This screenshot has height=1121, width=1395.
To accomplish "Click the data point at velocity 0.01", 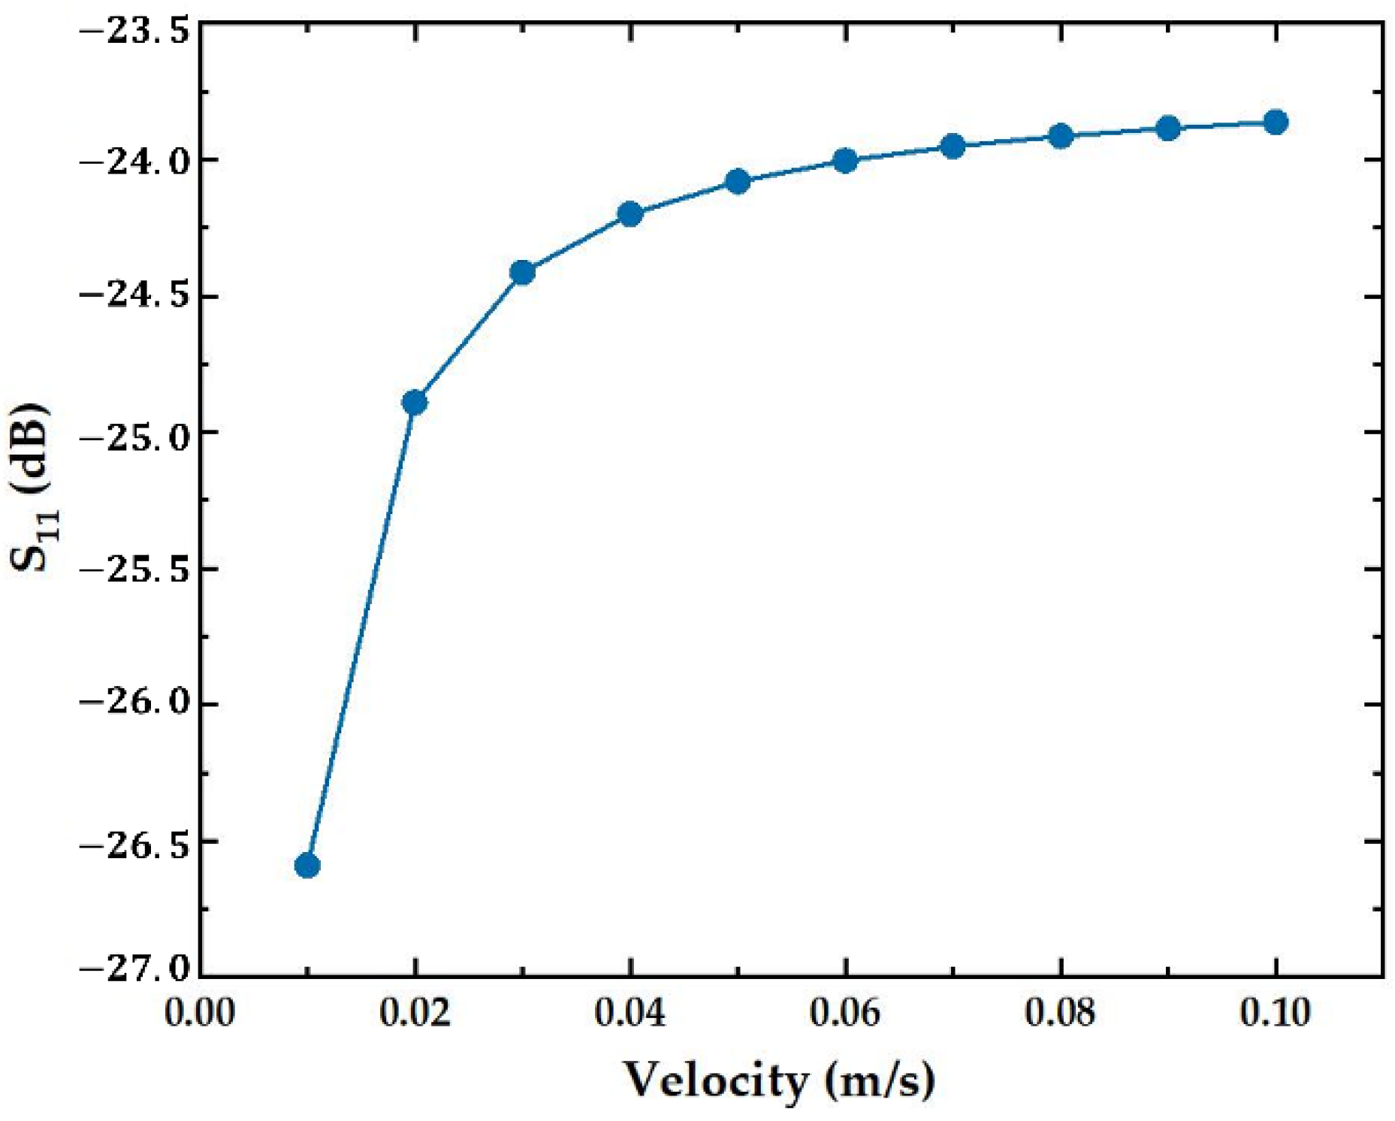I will (307, 866).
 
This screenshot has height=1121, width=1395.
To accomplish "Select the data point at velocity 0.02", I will (415, 403).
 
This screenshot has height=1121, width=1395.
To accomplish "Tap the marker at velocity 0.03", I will (522, 272).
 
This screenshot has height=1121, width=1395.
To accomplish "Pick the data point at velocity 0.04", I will (630, 214).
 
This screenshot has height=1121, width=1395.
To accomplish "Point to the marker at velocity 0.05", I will (738, 181).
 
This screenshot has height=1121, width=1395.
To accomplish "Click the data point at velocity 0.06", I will (845, 160).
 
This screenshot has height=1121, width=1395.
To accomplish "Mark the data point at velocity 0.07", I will (953, 146).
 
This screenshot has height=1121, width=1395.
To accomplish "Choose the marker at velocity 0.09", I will (1168, 128).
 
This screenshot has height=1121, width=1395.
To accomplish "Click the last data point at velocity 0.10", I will (1276, 122).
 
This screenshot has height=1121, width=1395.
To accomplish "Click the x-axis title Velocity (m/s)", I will (780, 1080).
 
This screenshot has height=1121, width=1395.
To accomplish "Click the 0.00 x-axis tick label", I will (200, 1013).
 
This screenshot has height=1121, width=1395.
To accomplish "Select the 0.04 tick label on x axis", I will (630, 1013).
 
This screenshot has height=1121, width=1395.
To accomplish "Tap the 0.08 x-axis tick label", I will (1060, 1013).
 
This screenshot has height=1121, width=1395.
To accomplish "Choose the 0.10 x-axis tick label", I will (1275, 1013).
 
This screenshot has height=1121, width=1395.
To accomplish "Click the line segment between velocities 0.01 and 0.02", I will (361, 635).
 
